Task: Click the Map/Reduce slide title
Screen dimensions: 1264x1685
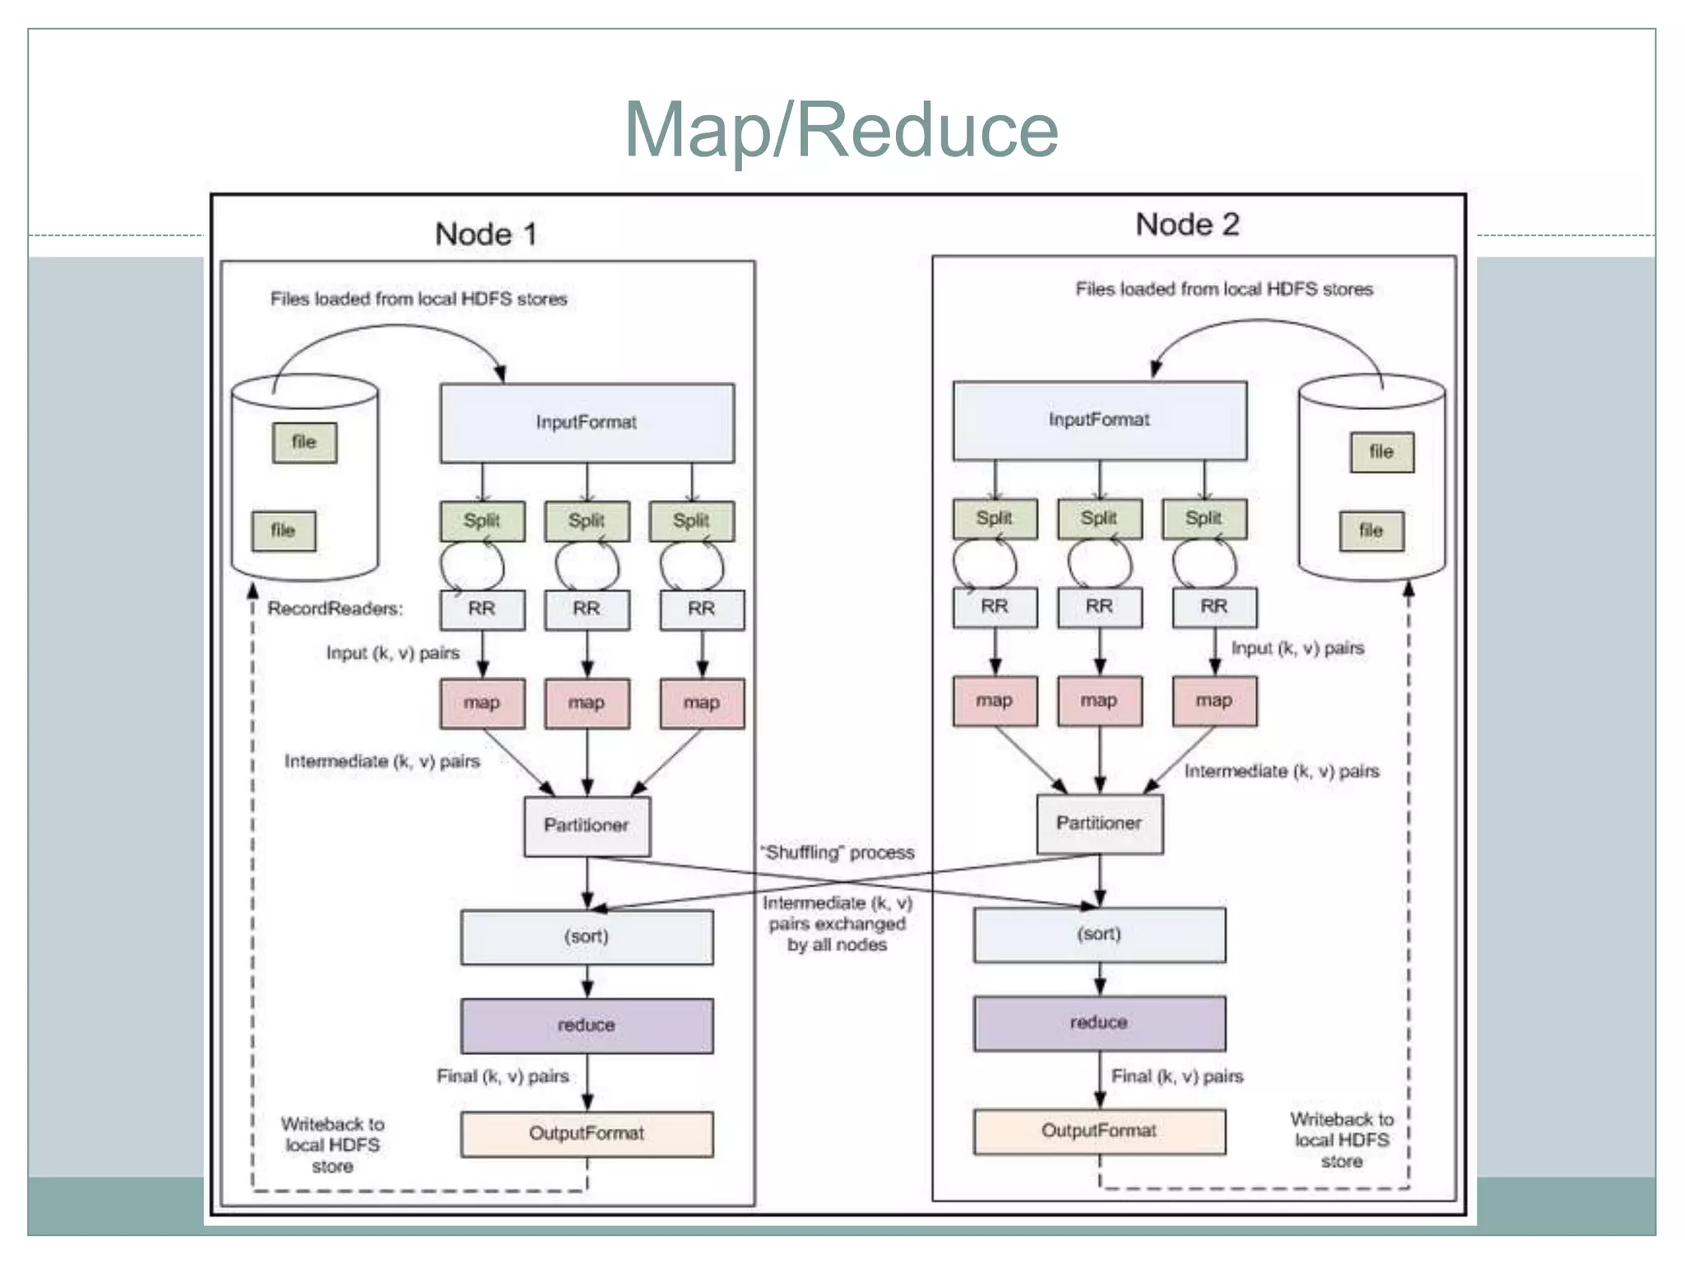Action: click(841, 129)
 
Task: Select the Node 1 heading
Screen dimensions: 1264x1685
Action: click(485, 235)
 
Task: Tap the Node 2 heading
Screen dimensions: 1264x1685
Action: click(1186, 225)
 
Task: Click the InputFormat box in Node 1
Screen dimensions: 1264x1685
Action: click(587, 422)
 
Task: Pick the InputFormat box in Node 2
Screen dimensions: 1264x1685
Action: click(1099, 420)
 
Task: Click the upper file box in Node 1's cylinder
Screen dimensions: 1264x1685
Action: click(304, 443)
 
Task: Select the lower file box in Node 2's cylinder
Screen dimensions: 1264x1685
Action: click(1371, 531)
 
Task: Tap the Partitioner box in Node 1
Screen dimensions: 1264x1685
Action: click(587, 825)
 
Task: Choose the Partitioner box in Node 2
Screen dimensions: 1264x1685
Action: click(1099, 823)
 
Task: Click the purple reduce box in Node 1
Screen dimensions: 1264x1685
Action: click(587, 1025)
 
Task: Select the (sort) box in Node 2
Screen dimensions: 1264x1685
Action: click(1099, 935)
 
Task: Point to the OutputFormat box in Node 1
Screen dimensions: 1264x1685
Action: click(587, 1134)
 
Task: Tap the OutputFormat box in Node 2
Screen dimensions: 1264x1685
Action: click(1099, 1132)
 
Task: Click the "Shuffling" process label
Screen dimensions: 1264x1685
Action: click(837, 853)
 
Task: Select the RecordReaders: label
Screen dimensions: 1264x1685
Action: click(335, 609)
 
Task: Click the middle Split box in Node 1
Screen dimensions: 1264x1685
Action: click(587, 521)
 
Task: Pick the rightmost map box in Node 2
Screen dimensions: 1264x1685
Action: click(1214, 701)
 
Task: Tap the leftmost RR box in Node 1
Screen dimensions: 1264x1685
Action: click(482, 609)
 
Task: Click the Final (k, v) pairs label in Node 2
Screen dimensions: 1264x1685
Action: click(1177, 1076)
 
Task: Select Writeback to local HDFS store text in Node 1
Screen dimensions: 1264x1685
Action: click(332, 1145)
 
